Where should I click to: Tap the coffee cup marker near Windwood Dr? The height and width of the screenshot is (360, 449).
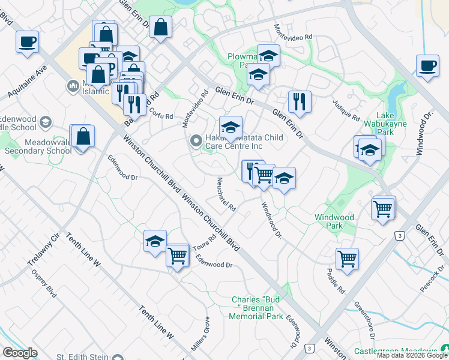(x=427, y=66)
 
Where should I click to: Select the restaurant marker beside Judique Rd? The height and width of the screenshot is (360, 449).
(x=300, y=102)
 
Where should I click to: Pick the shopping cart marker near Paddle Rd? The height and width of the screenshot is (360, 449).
(x=347, y=259)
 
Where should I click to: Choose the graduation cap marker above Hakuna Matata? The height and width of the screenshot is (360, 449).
(x=231, y=127)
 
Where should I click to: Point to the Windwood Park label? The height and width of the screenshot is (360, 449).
(x=334, y=221)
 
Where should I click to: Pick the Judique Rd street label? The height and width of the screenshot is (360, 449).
(x=348, y=109)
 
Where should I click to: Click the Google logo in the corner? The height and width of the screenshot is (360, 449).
(x=20, y=353)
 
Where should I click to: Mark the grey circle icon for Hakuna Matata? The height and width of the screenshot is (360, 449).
(x=196, y=142)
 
